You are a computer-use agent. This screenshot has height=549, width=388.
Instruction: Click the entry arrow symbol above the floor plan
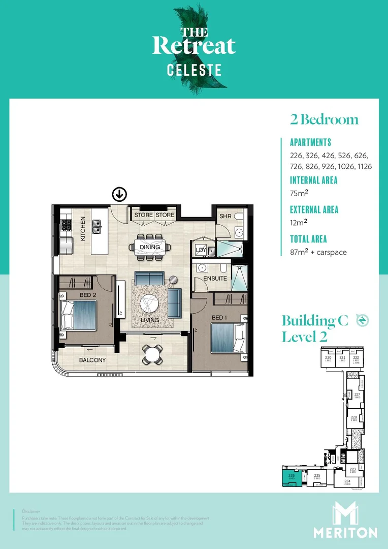coord(119,194)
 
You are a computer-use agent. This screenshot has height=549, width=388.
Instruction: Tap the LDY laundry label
coord(201,250)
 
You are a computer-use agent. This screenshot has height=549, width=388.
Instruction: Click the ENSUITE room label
coord(215,279)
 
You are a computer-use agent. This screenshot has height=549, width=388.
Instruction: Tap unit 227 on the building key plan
coord(357,395)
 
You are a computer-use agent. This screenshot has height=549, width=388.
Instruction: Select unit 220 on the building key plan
coord(328,359)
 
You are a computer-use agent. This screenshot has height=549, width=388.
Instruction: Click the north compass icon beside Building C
coord(362,320)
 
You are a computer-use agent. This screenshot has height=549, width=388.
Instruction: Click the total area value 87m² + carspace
coord(318,252)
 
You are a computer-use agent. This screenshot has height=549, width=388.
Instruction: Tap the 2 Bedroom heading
coord(324,120)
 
